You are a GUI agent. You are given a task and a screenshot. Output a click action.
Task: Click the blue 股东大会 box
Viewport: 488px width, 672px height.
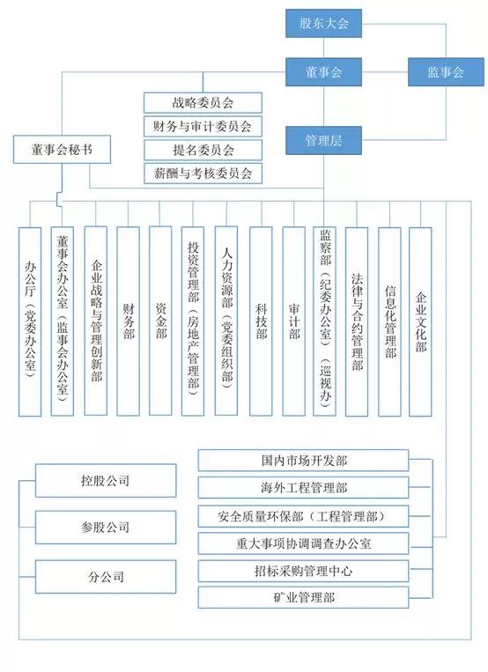[324, 23]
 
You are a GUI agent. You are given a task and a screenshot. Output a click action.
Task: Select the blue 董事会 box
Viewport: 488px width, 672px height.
[324, 72]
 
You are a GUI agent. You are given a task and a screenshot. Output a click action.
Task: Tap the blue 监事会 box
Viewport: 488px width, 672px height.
[446, 72]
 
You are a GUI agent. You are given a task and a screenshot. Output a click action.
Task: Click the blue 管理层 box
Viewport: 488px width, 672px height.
[324, 141]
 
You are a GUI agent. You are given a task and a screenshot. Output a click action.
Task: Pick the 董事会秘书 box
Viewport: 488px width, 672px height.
[62, 150]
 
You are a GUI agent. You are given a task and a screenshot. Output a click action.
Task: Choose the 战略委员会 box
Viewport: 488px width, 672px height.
[203, 103]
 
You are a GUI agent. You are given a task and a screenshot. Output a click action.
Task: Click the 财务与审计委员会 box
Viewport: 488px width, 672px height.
[203, 127]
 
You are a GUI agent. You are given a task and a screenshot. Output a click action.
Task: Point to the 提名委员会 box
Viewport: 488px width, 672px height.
[203, 150]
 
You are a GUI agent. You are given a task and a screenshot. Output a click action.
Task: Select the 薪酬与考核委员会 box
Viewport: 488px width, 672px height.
[203, 174]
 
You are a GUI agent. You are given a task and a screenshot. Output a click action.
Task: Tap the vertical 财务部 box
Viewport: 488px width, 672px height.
[129, 321]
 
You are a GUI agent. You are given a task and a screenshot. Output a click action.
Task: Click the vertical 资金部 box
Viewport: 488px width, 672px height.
[160, 321]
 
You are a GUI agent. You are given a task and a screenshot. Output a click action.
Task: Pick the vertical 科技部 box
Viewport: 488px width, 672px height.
[261, 321]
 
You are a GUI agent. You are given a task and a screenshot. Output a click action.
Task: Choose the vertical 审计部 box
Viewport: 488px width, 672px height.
[293, 321]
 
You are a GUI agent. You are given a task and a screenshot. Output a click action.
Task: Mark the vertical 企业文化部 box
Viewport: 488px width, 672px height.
[420, 321]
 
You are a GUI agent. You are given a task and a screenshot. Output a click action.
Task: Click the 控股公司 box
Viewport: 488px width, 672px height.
[106, 480]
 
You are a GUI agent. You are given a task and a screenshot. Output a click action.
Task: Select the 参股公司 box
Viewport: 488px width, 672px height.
[106, 528]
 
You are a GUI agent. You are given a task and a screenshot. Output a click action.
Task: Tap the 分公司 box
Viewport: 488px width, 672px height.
[106, 577]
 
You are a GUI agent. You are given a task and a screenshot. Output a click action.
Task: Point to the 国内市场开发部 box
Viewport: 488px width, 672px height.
[303, 461]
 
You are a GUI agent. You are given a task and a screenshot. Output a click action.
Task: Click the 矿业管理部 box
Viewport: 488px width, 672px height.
[303, 597]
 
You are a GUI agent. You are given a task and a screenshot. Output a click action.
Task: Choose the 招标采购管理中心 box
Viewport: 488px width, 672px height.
[303, 571]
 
